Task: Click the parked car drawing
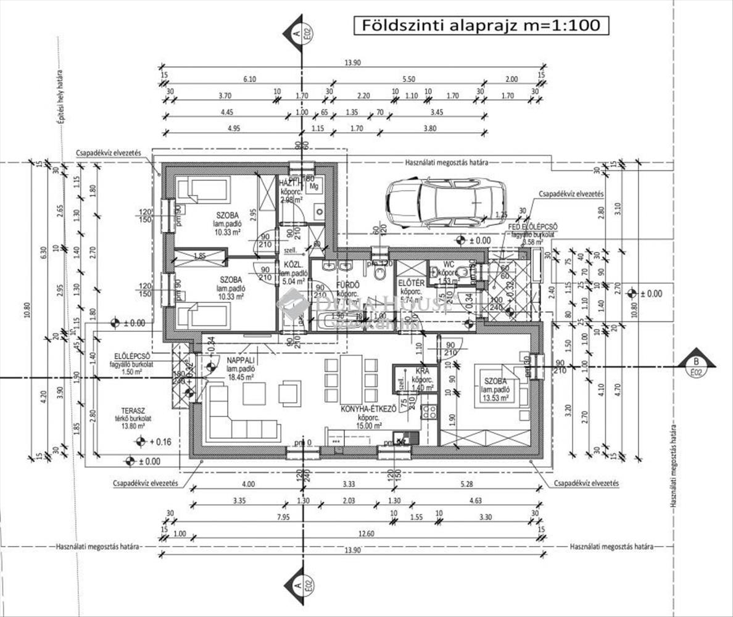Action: tap(445, 202)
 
